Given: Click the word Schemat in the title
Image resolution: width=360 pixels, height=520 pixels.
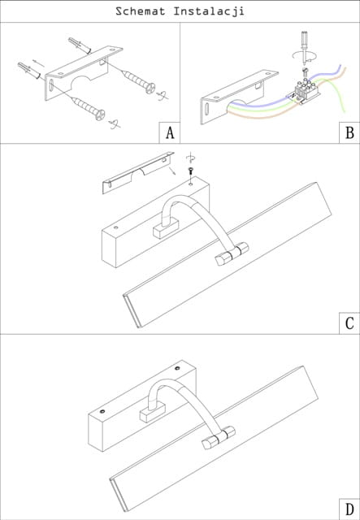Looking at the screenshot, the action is point(140,11).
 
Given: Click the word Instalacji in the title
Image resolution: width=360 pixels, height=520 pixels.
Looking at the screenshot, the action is point(209,11).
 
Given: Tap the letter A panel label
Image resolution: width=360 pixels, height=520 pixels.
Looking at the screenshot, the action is point(170,133).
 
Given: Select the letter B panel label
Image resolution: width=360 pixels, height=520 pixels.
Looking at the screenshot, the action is point(349,133).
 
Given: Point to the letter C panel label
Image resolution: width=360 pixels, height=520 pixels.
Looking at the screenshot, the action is point(349,323).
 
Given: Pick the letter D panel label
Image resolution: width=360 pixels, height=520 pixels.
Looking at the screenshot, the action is point(349,509).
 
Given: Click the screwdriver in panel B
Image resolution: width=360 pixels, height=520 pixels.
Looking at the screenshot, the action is point(304,47).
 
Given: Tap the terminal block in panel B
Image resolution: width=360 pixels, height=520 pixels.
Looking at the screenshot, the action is point(306,91).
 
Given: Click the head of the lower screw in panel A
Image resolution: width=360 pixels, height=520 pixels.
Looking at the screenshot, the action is point(100,115).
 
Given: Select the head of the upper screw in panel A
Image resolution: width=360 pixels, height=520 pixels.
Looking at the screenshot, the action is point(150,88).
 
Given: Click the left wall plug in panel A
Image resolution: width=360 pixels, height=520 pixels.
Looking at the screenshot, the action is point(29,70).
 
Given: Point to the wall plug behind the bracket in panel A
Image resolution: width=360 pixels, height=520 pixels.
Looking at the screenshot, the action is point(80,45).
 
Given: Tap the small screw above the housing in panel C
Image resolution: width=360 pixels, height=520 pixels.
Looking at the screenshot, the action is point(190,171).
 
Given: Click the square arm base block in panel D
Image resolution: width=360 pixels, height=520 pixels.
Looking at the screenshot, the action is point(152,412).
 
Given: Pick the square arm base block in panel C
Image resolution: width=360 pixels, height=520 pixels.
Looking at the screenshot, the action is point(166,228).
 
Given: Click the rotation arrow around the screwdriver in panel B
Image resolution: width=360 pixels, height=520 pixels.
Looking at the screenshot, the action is point(305,55).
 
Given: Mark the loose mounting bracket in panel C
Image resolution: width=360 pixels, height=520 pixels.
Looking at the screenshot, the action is point(138,172).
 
